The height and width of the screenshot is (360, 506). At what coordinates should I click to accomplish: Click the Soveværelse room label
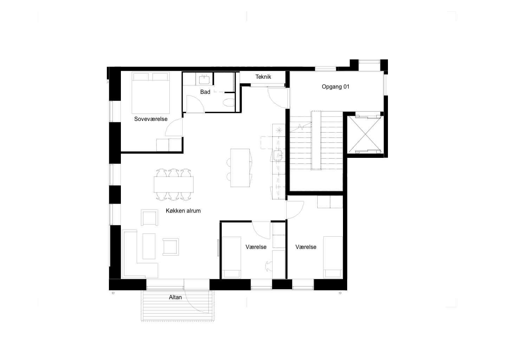[151, 119]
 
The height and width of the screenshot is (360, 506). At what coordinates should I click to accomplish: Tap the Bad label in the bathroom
[205, 92]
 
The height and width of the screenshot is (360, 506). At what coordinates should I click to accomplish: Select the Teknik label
[263, 77]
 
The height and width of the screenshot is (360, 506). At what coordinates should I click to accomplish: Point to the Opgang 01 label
[336, 87]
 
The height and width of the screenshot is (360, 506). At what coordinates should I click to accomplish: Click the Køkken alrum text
[183, 211]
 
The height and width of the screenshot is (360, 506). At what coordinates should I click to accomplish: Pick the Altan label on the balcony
[175, 297]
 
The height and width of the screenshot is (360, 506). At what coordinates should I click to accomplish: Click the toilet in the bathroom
[229, 103]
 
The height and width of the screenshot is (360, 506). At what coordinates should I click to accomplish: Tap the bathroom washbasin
[204, 79]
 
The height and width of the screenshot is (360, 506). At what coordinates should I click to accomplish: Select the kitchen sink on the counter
[278, 155]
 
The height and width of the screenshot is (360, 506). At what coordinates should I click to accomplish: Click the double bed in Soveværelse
[151, 93]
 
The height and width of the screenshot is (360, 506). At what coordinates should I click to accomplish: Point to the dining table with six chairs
[174, 185]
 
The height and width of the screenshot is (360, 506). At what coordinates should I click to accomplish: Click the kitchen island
[240, 168]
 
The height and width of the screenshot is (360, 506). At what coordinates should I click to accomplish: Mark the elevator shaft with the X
[365, 134]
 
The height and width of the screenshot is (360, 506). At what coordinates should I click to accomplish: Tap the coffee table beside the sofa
[149, 246]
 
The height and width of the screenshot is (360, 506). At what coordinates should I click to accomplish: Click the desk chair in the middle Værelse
[269, 266]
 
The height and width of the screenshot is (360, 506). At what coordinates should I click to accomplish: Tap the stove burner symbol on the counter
[279, 130]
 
